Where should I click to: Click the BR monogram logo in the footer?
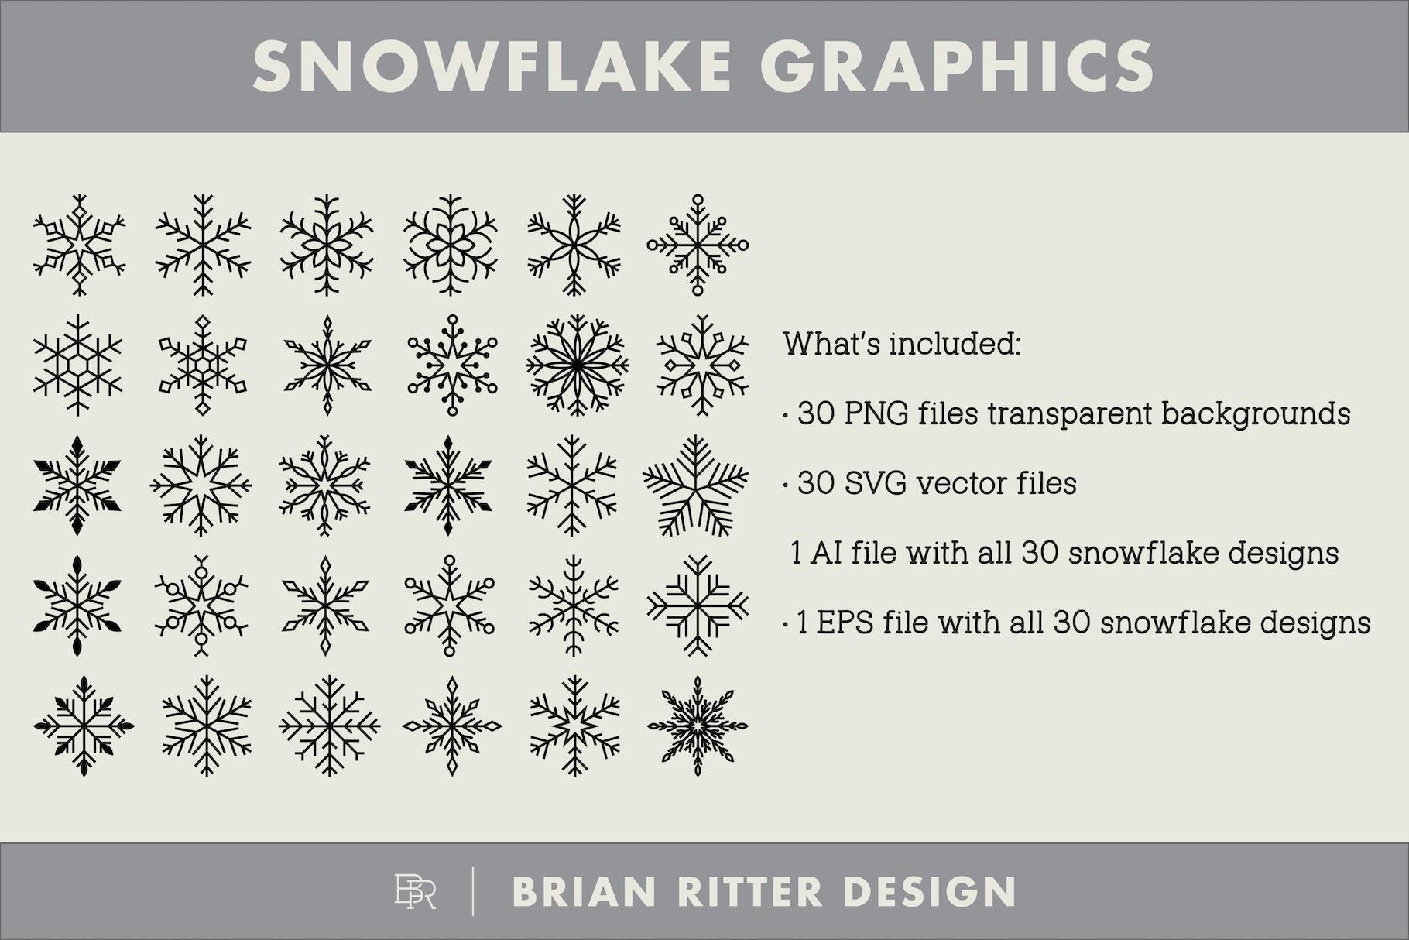point(415,891)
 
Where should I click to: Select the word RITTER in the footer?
point(749,892)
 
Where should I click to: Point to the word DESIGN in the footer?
point(929,892)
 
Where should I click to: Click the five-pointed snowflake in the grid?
point(696,485)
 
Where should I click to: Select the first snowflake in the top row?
point(79,245)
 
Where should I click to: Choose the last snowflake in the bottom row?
point(698,726)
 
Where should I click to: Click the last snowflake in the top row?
point(698,245)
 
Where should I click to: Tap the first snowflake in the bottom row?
point(84,726)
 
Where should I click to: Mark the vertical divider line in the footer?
point(473,892)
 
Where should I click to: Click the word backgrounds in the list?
point(1256,414)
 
